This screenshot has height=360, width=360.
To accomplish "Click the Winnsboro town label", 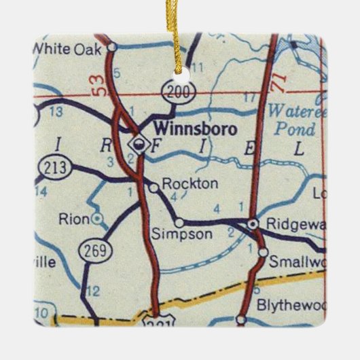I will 194,127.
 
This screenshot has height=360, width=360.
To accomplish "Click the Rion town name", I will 74,219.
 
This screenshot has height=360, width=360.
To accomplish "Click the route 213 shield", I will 53,166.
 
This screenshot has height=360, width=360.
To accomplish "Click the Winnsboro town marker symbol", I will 139,143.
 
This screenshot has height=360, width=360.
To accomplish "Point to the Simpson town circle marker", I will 179,222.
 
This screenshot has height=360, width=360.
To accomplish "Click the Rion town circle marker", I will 98,218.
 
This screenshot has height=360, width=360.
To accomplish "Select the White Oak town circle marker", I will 112,48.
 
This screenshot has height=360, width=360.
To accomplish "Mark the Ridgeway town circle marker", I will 253,223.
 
